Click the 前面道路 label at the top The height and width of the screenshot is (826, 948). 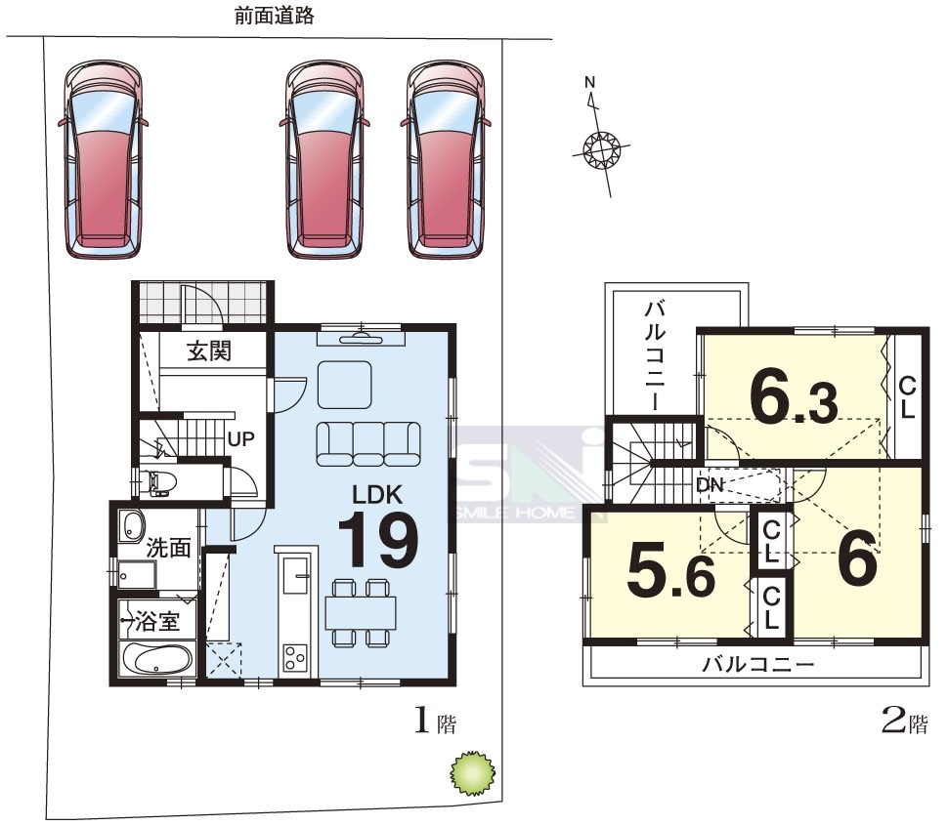coord(275,16)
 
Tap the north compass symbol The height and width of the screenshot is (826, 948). coord(602,147)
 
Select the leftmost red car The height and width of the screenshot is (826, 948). coord(104,159)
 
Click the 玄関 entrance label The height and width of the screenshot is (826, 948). coord(209,351)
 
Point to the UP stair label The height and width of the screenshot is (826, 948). coord(240,439)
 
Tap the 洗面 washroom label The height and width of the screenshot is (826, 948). coord(168,548)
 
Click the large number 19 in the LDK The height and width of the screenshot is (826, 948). coord(378,540)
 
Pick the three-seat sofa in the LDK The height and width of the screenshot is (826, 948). coord(368,444)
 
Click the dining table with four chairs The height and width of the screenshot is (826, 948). coord(361,612)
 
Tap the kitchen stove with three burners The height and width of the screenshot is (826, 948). coord(295,657)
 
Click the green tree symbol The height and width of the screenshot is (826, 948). coord(473,772)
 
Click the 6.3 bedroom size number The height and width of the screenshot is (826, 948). coord(794,399)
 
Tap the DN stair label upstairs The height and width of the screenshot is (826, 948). coord(710,484)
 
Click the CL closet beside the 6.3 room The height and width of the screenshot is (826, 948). coord(908,397)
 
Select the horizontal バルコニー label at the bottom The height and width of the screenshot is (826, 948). coord(758,665)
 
